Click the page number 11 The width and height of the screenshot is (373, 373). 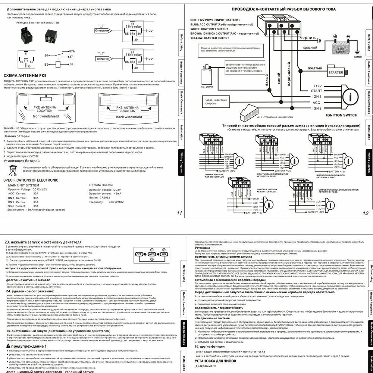[x=179, y=213]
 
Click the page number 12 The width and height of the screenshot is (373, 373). [x=365, y=213]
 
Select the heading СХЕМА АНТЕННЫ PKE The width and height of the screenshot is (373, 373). [x=28, y=75]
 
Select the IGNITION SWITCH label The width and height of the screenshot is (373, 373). [x=342, y=115]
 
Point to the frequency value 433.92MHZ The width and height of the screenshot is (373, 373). [x=116, y=202]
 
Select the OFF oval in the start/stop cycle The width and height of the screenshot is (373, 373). [x=139, y=254]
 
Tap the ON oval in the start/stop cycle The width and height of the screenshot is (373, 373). [x=163, y=254]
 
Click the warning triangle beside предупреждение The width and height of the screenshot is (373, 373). [x=8, y=346]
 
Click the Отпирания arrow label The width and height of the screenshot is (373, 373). [x=102, y=30]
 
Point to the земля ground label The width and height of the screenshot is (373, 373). [x=358, y=57]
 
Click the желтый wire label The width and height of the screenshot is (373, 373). [x=315, y=68]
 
